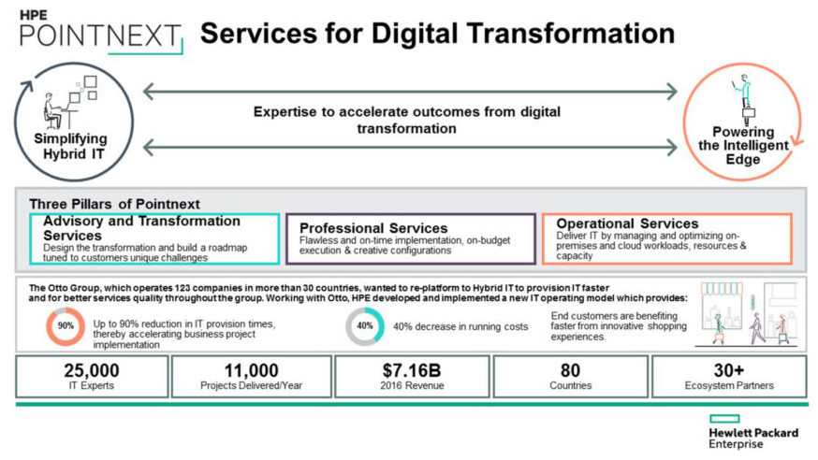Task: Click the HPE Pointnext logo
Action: pos(101,32)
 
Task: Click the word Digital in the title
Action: pos(416,34)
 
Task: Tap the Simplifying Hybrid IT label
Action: pos(71,147)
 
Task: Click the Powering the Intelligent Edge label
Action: pos(743,145)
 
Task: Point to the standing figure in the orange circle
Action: pos(744,99)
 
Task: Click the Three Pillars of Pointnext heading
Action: pos(114,204)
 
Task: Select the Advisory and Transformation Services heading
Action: pos(141,228)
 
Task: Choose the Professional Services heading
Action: pos(373,228)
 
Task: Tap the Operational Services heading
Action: pos(627,223)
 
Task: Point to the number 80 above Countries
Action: pos(570,370)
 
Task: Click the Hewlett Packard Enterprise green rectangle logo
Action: pos(724,419)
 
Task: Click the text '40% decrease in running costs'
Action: pos(460,326)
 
